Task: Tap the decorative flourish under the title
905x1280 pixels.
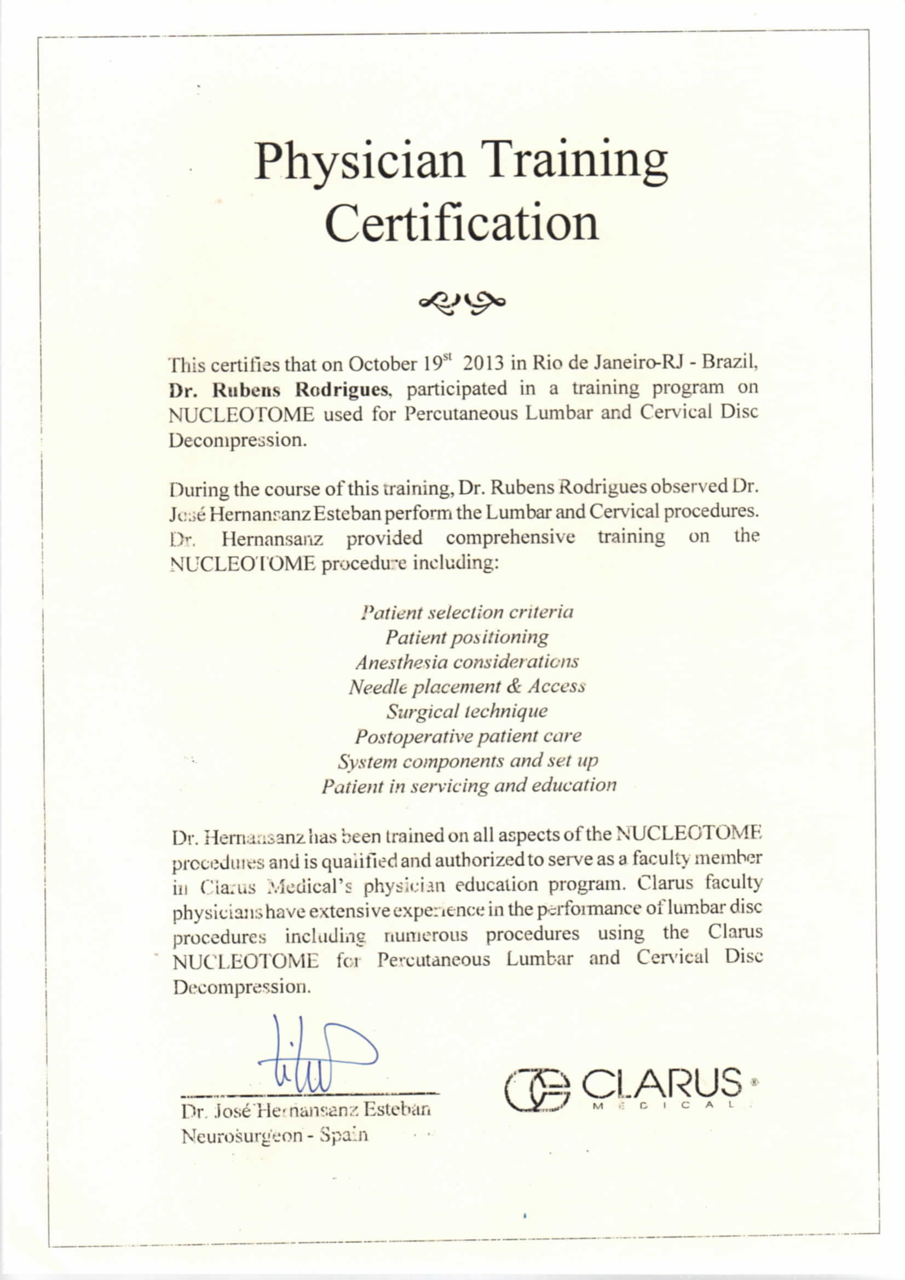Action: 462,303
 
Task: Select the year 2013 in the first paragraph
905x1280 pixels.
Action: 483,364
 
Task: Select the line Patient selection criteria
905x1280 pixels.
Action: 466,613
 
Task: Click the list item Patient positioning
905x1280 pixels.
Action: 466,637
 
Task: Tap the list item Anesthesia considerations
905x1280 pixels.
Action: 466,662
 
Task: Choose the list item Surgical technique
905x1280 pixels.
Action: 466,711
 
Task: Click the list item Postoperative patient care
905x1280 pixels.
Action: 467,736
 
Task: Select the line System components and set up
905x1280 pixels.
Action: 467,761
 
